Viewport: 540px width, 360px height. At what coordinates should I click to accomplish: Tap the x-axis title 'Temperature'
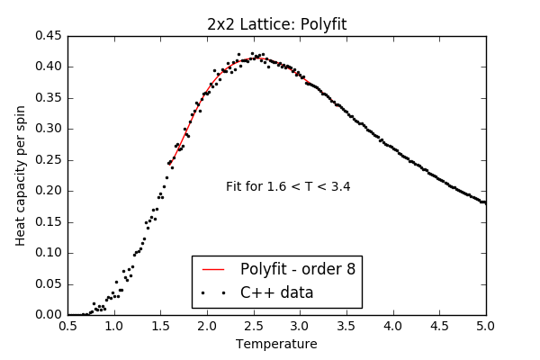pos(276,344)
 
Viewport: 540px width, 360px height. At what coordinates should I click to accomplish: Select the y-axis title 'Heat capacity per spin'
pos(22,175)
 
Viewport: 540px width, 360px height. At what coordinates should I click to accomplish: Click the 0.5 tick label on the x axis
pos(67,327)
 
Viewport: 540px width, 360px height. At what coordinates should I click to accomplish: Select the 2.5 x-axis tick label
pos(253,327)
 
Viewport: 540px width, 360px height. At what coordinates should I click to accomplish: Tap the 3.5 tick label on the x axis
pos(346,327)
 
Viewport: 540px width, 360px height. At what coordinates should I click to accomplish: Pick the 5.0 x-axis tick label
pos(485,327)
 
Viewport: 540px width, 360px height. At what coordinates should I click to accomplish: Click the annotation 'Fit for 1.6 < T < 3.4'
pos(288,187)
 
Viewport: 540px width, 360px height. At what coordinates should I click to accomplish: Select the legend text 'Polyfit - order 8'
pos(297,269)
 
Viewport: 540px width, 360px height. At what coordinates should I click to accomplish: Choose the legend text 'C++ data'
pos(276,292)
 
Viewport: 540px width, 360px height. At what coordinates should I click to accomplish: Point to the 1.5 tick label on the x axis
pos(160,327)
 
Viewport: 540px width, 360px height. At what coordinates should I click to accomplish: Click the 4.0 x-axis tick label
pos(392,327)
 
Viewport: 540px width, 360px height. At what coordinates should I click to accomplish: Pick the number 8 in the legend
pos(350,269)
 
